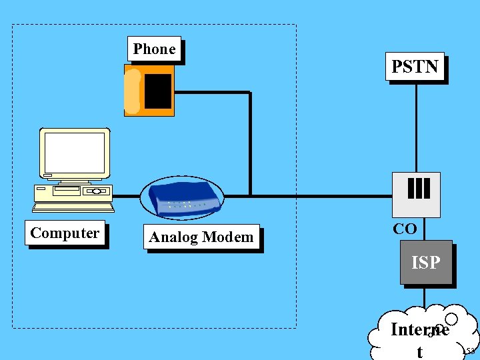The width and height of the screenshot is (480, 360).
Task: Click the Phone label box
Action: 154,49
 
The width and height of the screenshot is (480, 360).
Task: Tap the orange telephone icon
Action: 149,90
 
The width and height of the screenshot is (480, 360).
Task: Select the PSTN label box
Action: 415,67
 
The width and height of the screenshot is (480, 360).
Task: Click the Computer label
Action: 65,233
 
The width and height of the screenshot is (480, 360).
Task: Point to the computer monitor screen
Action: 75,153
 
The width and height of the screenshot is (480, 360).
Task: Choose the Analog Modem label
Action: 201,237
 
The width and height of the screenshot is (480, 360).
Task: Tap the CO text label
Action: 405,229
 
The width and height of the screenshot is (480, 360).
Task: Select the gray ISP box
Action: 426,263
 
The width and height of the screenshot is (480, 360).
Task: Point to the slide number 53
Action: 469,351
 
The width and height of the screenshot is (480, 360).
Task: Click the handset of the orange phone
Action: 133,91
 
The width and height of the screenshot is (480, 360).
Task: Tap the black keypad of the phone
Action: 158,91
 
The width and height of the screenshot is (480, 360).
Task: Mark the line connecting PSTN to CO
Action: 417,127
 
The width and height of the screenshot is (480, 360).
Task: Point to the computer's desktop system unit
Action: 73,193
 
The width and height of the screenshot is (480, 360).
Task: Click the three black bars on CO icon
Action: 418,188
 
